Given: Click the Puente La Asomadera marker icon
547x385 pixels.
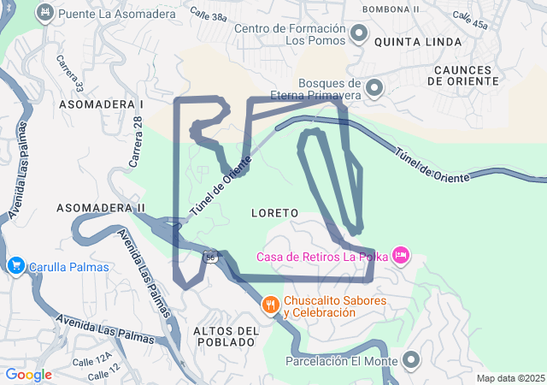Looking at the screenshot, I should coord(45,14).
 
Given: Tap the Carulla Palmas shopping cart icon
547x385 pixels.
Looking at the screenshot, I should coord(15,266).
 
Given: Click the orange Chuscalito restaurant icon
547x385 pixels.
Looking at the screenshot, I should coord(271,305).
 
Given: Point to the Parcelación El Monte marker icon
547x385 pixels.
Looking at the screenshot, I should coord(412,360).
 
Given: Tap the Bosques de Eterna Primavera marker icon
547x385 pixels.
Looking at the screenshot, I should coord(374,87).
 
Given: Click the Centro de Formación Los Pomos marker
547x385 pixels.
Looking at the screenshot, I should coord(359,34).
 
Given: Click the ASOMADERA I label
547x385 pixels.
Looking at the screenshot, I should coord(100,104).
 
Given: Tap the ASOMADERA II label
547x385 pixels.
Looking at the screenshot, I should coord(100,208).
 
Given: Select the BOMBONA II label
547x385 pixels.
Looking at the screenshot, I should coord(391,9).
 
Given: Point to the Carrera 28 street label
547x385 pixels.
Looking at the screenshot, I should coord(136,142).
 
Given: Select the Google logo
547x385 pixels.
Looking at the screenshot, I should coord(28,375).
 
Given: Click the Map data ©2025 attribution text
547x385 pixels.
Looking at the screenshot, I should coord(510,378).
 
